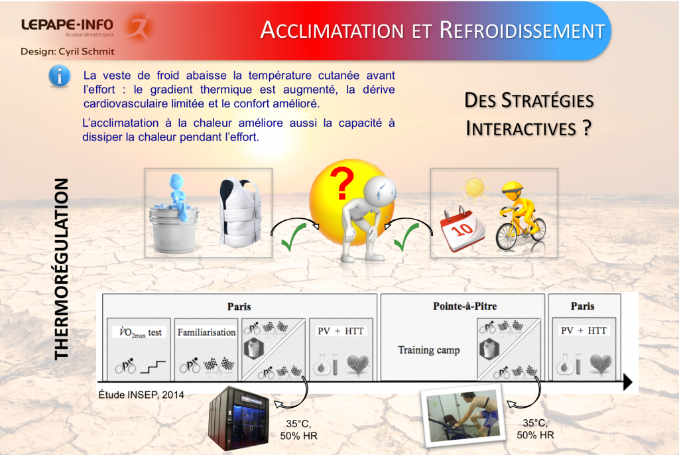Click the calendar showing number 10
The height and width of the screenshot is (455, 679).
465,228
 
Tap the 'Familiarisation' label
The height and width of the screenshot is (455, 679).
206,332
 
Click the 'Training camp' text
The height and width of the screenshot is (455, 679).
429,350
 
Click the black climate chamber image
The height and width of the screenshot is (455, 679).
239,417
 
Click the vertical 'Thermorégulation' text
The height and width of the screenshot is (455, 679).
61,272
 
